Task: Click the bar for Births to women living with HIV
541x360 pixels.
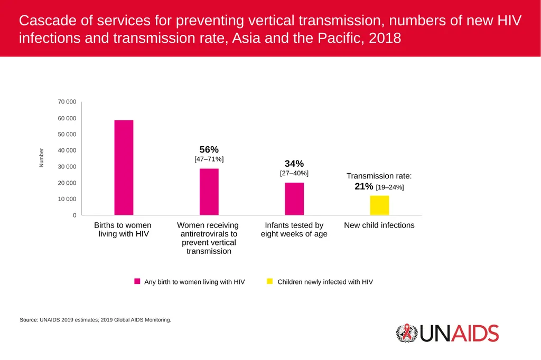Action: pos(124,167)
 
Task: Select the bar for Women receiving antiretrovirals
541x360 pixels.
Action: pos(209,192)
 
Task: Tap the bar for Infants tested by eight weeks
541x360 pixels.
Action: pos(294,199)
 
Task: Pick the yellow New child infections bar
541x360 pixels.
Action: pos(379,205)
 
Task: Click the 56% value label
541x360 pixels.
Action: pos(209,150)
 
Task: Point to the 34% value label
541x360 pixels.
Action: pos(294,164)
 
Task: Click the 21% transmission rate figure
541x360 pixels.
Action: pos(364,186)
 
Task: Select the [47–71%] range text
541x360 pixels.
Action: pos(209,159)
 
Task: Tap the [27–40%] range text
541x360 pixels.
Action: pos(294,173)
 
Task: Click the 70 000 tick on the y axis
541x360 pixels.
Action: pos(67,102)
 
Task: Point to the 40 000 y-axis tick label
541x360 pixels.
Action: pos(67,150)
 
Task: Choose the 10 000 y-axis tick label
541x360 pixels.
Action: pos(67,199)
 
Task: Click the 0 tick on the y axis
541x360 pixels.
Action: pos(74,215)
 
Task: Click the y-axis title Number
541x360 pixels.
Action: pos(41,158)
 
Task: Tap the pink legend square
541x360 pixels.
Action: pos(137,281)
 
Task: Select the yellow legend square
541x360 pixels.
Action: pos(270,281)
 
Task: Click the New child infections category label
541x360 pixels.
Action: pos(379,225)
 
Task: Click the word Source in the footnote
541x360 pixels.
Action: pos(29,320)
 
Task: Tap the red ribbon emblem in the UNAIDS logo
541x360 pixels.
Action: pos(407,332)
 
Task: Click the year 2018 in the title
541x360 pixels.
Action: pos(385,38)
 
